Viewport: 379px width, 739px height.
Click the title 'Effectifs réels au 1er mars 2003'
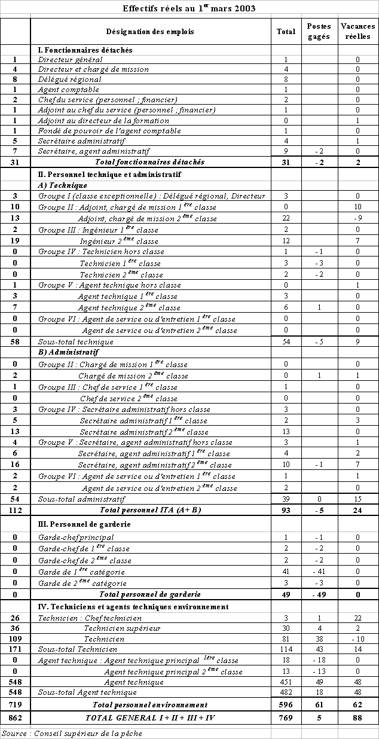[x=189, y=8]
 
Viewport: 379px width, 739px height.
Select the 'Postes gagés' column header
[x=318, y=32]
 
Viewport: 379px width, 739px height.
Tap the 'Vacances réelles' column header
[x=357, y=32]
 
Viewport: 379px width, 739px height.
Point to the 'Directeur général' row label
[x=71, y=59]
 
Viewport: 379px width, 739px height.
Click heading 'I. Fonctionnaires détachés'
[x=85, y=50]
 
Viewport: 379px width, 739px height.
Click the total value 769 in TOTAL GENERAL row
[x=286, y=717]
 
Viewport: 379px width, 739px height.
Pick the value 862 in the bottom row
[x=15, y=717]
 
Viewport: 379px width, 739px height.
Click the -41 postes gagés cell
[x=318, y=572]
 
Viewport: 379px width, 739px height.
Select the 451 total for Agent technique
[x=286, y=682]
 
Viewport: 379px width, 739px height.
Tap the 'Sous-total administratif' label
[x=81, y=499]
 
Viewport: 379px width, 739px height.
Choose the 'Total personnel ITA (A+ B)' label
[x=150, y=510]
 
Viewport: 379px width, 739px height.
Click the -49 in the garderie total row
[x=318, y=594]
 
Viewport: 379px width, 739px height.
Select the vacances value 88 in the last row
[x=357, y=717]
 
